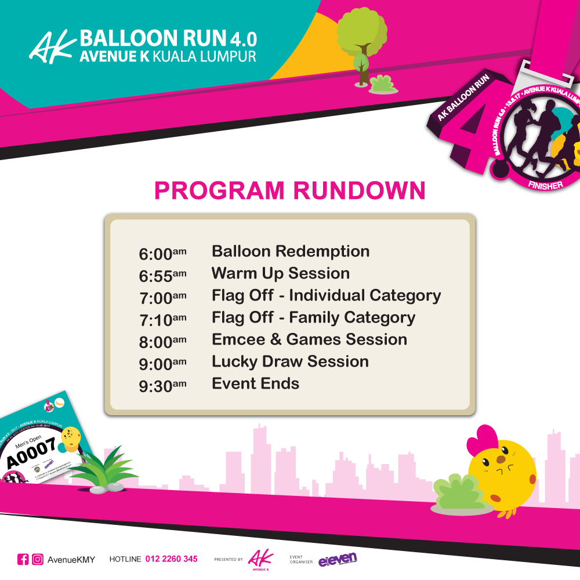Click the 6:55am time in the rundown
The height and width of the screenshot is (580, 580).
[x=162, y=275]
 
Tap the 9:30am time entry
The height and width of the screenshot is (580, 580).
[x=162, y=385]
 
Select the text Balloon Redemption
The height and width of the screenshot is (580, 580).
[x=291, y=252]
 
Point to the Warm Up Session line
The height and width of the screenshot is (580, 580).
[x=281, y=274]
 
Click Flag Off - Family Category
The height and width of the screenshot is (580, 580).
[x=313, y=318]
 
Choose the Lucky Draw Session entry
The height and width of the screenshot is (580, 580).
[x=290, y=362]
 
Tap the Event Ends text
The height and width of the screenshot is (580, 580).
[x=255, y=384]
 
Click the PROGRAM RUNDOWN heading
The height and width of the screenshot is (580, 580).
[x=290, y=191]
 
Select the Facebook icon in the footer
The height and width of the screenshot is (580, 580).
[x=23, y=559]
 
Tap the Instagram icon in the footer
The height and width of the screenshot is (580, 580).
[x=38, y=559]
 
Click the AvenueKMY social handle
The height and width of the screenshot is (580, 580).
[x=71, y=560]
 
